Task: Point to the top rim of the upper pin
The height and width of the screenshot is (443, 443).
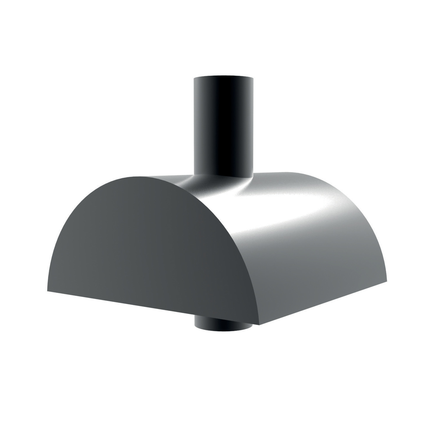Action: tap(223, 78)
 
